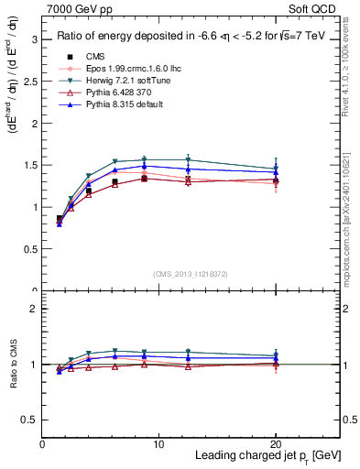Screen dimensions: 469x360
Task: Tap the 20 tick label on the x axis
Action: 276,443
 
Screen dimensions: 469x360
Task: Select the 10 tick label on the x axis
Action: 158,443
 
